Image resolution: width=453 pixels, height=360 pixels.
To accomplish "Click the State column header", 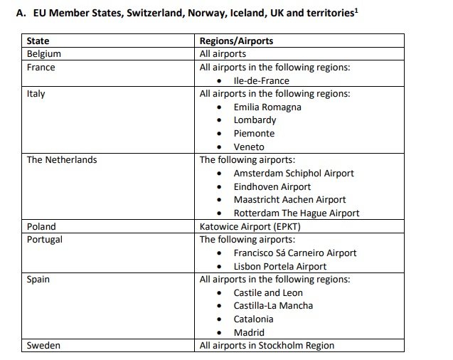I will click(x=38, y=41).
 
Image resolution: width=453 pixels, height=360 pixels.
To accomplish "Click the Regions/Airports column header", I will click(x=236, y=41).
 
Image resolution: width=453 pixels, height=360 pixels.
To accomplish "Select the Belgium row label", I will click(x=43, y=54).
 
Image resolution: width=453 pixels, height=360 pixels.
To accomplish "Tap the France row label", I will click(x=41, y=67).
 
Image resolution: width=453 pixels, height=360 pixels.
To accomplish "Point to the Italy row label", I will click(x=36, y=94).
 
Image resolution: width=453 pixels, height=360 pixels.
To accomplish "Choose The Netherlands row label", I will click(x=61, y=160).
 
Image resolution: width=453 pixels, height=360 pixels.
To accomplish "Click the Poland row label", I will click(x=41, y=226).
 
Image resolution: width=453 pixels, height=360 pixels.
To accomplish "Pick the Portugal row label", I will click(x=44, y=240).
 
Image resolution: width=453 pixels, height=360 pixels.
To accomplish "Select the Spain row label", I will click(x=38, y=280).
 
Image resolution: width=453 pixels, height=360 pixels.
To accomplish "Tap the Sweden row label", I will click(x=43, y=346).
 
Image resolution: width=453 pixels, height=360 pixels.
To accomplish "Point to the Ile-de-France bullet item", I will click(x=262, y=80).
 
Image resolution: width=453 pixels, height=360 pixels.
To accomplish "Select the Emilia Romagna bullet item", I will click(x=267, y=107).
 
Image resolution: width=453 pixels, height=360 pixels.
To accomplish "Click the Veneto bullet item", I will click(x=249, y=147).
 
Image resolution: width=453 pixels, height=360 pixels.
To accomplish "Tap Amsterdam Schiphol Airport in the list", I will click(x=294, y=174).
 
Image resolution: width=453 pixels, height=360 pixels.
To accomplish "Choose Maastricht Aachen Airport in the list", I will click(x=289, y=200).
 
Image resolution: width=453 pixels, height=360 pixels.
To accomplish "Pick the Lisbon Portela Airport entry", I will click(x=280, y=266).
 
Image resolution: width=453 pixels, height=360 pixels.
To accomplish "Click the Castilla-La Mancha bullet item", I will click(x=273, y=306).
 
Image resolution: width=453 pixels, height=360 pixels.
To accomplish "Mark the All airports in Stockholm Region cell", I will click(x=267, y=346).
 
